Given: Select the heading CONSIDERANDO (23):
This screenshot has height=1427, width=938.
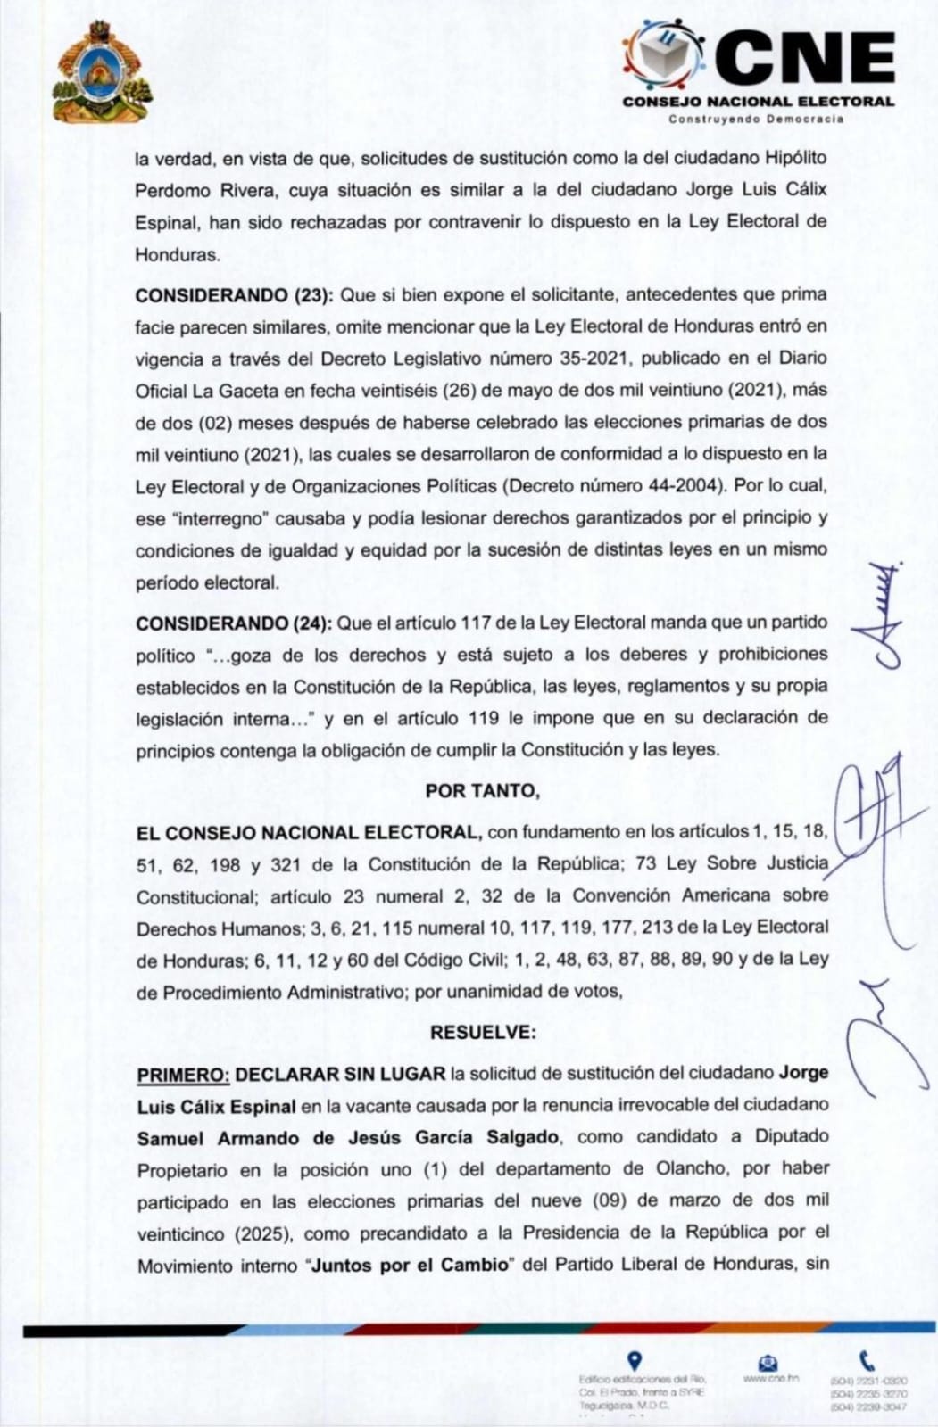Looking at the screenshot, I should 232,294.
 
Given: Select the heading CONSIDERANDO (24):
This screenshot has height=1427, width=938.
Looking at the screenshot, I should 233,623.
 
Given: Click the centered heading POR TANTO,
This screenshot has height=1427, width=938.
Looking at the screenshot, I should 482,791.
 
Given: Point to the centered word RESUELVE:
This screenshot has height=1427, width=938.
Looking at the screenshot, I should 483,1032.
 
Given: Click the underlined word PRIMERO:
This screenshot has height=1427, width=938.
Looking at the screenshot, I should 184,1073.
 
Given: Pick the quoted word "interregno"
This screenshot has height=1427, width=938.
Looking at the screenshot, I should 220,518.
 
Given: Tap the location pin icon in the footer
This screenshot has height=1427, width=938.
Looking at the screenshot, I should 635,1361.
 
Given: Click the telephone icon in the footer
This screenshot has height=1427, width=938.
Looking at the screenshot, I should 866,1361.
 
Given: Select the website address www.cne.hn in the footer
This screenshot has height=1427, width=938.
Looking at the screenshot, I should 769,1378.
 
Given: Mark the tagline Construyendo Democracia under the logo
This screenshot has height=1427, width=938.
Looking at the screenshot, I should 756,119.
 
